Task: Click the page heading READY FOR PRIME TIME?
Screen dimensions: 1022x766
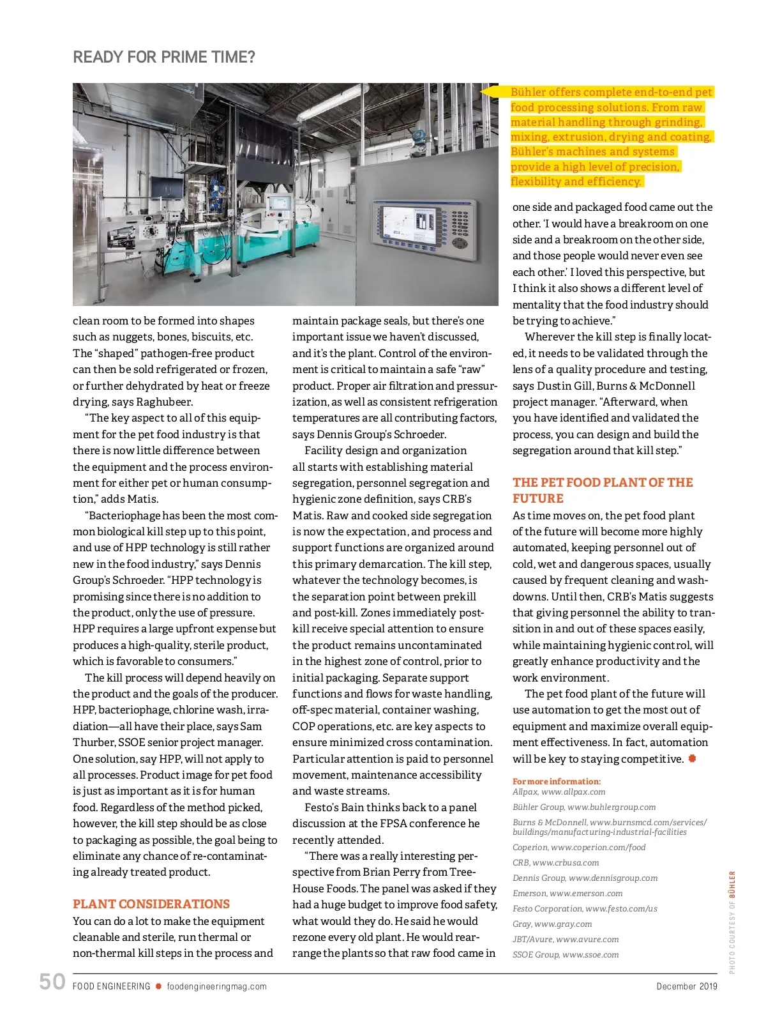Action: [164, 57]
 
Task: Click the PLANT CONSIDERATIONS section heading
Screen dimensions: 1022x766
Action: [151, 904]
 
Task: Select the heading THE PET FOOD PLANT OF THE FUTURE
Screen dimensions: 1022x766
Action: [603, 490]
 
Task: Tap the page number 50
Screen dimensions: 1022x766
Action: [52, 982]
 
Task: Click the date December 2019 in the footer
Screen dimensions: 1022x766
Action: [687, 986]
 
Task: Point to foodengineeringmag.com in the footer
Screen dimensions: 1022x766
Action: [217, 986]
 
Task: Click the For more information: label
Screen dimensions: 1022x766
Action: [557, 781]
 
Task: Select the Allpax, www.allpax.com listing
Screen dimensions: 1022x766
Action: [559, 792]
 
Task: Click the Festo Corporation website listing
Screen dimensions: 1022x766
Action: [585, 908]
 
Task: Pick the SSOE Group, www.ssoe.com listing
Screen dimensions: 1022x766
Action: [566, 955]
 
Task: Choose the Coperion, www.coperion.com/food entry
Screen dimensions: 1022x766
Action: [579, 848]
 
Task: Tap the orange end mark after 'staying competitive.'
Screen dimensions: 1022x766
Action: [692, 759]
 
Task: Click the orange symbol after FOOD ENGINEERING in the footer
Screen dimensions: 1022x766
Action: [159, 986]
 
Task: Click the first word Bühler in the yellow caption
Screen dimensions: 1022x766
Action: [528, 92]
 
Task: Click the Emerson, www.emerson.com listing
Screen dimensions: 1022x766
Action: [567, 894]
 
